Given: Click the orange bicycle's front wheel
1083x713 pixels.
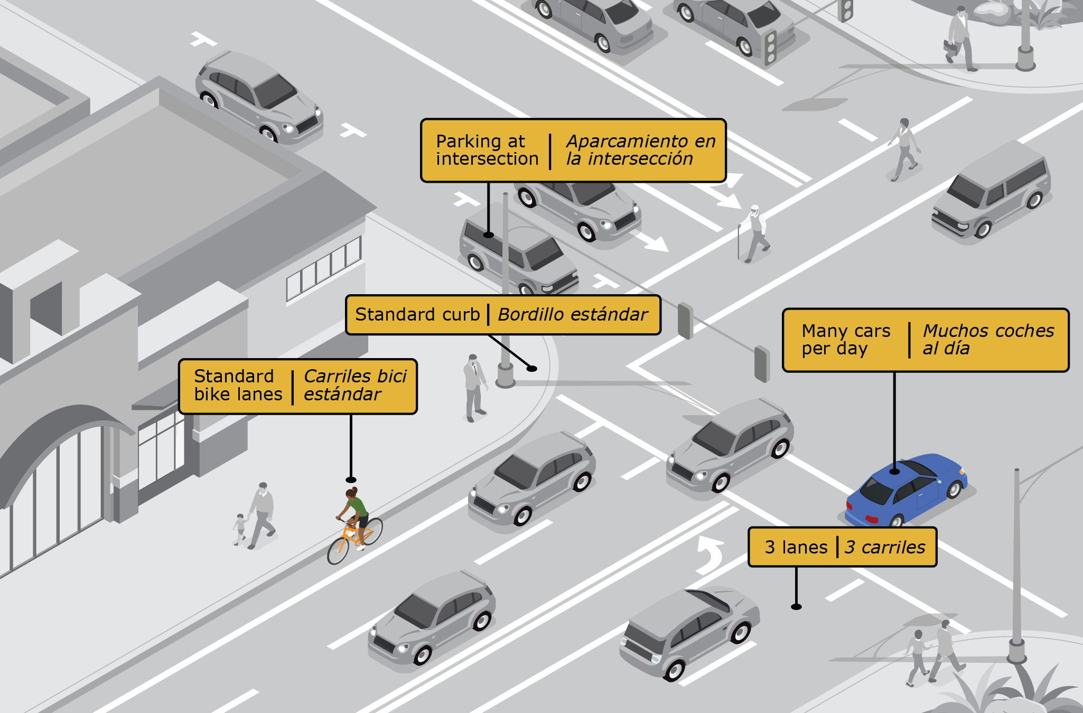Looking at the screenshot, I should pyautogui.click(x=338, y=550).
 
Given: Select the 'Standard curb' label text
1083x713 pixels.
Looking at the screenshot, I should pyautogui.click(x=417, y=315).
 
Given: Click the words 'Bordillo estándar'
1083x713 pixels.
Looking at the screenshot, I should pyautogui.click(x=573, y=315).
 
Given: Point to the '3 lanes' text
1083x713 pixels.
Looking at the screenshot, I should pyautogui.click(x=796, y=547).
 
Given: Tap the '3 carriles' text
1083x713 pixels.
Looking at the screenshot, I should pyautogui.click(x=885, y=547).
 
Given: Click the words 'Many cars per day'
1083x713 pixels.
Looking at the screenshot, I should pyautogui.click(x=845, y=340).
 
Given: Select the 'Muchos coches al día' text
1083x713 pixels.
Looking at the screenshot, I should pyautogui.click(x=988, y=340).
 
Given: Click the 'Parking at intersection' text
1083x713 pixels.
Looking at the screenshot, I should pyautogui.click(x=487, y=150).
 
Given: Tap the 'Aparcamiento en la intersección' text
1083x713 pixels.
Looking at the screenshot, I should pyautogui.click(x=640, y=150).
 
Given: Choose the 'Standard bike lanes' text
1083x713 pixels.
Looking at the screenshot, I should pyautogui.click(x=238, y=386).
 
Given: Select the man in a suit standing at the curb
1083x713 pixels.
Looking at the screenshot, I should pyautogui.click(x=474, y=388).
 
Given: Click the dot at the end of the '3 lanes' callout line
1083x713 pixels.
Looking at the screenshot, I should pyautogui.click(x=796, y=607).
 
